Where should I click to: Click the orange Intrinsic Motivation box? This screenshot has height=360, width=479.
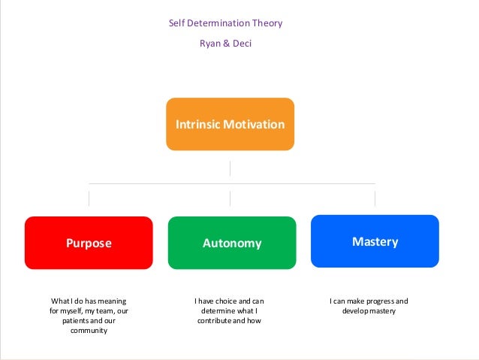click(x=230, y=123)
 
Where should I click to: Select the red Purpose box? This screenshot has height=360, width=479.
click(x=89, y=243)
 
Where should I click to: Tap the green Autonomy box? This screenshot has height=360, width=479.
click(x=232, y=243)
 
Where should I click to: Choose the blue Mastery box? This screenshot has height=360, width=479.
click(x=375, y=241)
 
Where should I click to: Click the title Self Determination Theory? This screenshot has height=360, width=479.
click(x=225, y=23)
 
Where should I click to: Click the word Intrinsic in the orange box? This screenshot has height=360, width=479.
click(x=197, y=123)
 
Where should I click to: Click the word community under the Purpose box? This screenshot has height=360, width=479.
click(x=89, y=330)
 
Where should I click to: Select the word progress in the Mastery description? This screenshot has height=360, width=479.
click(x=378, y=301)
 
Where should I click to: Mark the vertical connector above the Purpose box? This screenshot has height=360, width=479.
click(x=89, y=198)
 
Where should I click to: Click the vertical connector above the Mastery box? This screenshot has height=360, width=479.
click(x=375, y=198)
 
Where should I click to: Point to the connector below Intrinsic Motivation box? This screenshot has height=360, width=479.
click(x=230, y=168)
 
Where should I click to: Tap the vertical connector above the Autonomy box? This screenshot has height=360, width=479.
click(x=230, y=198)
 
